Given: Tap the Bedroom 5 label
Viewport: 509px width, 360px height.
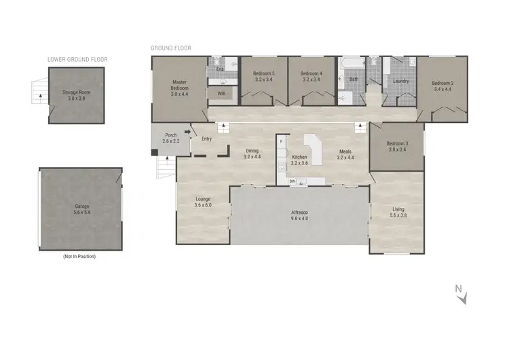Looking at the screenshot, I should click(x=264, y=73).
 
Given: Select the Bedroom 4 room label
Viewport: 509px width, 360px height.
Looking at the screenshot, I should click(x=312, y=73).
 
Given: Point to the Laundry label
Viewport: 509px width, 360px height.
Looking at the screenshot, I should click(x=400, y=82).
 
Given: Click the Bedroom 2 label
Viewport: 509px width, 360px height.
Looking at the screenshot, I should click(x=442, y=84).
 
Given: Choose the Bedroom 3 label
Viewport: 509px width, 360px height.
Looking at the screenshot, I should click(x=398, y=143).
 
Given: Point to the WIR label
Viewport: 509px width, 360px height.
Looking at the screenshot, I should click(x=221, y=92).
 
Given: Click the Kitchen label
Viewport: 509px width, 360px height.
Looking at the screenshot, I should click(x=299, y=157).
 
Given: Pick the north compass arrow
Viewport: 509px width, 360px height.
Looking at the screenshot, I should click(x=461, y=293).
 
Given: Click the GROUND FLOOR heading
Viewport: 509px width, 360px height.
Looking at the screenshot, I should click(x=171, y=48).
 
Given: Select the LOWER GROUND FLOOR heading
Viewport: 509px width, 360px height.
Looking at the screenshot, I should click(x=77, y=59).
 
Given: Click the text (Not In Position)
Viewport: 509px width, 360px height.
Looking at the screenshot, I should click(x=79, y=256).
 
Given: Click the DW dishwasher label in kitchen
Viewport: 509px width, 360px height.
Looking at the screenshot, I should click(x=291, y=181).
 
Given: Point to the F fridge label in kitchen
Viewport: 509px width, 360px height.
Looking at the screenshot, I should click(x=281, y=141).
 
